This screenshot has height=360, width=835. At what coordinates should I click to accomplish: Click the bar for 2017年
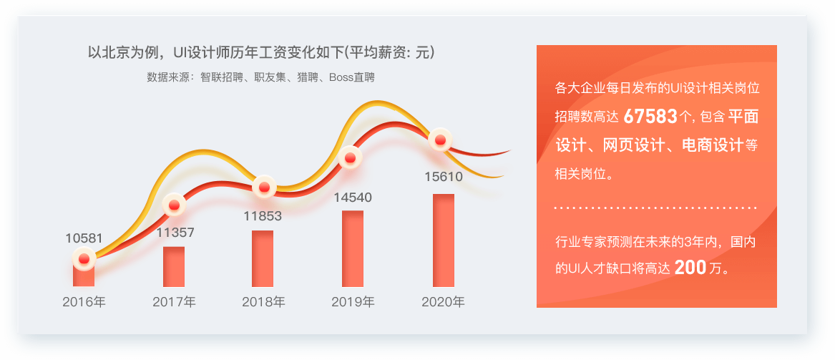click(x=174, y=267)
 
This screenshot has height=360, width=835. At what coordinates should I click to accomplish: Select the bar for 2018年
click(x=263, y=259)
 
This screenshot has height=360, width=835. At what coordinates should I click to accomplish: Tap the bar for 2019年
click(x=353, y=248)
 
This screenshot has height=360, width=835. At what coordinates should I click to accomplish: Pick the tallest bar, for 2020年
click(x=444, y=240)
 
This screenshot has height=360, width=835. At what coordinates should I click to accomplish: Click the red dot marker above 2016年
click(x=84, y=259)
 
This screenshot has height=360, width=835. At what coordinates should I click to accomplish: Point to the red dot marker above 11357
click(x=174, y=205)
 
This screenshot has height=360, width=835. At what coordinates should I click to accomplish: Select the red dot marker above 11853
click(x=263, y=187)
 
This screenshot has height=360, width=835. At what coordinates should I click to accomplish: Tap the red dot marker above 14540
click(x=350, y=157)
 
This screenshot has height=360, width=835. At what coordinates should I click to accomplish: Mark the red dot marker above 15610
click(x=441, y=140)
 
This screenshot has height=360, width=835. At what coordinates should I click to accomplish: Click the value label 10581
click(x=84, y=238)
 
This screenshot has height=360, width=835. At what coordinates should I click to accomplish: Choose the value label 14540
click(x=353, y=198)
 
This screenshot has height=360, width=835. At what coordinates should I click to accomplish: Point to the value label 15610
click(x=444, y=177)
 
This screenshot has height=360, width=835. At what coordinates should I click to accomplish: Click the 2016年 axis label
click(x=84, y=302)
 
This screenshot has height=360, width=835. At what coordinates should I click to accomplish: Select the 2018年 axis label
click(x=263, y=302)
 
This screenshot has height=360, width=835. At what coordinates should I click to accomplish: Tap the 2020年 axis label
click(x=443, y=302)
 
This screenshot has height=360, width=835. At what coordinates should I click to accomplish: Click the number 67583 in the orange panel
click(x=650, y=117)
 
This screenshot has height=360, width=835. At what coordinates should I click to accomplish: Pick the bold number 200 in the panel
click(x=690, y=268)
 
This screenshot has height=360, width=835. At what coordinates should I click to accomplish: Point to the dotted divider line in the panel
click(x=655, y=208)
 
